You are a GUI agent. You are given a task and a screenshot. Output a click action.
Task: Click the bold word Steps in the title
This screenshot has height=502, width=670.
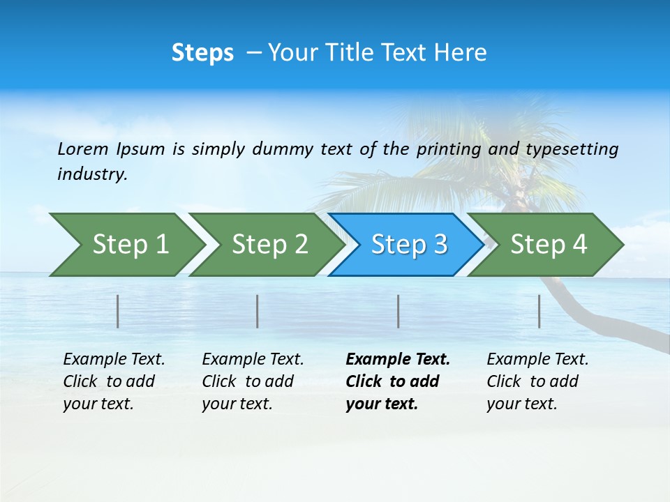(x=202, y=53)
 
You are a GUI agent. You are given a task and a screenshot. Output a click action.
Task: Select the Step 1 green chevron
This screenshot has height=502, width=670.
(x=126, y=245)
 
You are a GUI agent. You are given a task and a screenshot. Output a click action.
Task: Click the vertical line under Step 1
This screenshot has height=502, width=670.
(x=118, y=311)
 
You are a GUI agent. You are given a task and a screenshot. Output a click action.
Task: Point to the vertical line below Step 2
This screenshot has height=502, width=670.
(x=258, y=311)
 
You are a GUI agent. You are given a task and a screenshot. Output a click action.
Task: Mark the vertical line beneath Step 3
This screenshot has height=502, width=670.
(x=399, y=311)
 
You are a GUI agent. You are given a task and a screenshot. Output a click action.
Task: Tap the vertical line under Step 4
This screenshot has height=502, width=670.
(x=539, y=311)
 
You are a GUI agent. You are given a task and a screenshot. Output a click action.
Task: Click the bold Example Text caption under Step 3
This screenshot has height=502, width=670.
(x=398, y=381)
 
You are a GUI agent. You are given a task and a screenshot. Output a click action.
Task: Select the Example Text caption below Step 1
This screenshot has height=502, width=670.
(x=114, y=381)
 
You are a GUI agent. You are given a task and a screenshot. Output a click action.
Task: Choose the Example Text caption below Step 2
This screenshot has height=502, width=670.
(x=253, y=381)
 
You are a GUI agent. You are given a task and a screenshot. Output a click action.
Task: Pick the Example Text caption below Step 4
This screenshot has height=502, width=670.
(x=537, y=381)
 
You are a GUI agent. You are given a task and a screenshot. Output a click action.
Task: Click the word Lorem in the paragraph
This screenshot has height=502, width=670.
(x=82, y=149)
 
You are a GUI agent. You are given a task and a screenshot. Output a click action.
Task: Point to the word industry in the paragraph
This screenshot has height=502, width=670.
(x=91, y=174)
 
